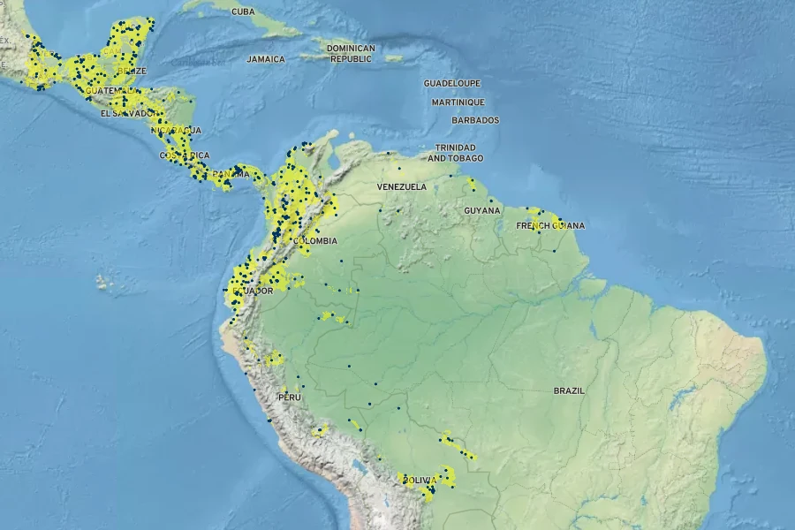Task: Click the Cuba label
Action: coord(243,11)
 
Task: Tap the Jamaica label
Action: coord(266,59)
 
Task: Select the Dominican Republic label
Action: coord(351,53)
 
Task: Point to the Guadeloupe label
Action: coord(451,83)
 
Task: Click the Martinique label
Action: coord(458,102)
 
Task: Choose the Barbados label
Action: coord(475,120)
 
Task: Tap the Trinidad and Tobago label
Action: coord(455,152)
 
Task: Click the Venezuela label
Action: coord(401,187)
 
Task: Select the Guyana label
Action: coord(482,210)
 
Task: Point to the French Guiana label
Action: coord(550,225)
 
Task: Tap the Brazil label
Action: coord(569,390)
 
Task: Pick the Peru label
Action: coord(289,397)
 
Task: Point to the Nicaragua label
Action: coord(176,130)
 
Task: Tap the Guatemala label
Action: coord(112,91)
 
